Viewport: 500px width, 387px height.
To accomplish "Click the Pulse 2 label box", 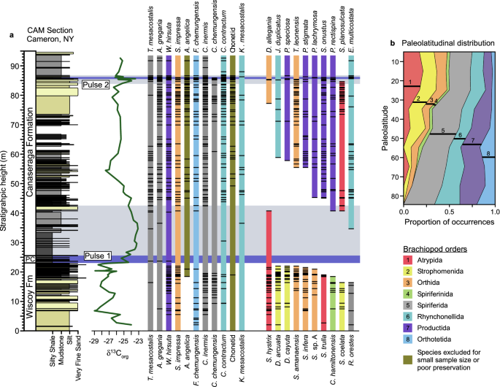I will pos(98,85).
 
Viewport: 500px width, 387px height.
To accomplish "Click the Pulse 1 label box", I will pos(97,256).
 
